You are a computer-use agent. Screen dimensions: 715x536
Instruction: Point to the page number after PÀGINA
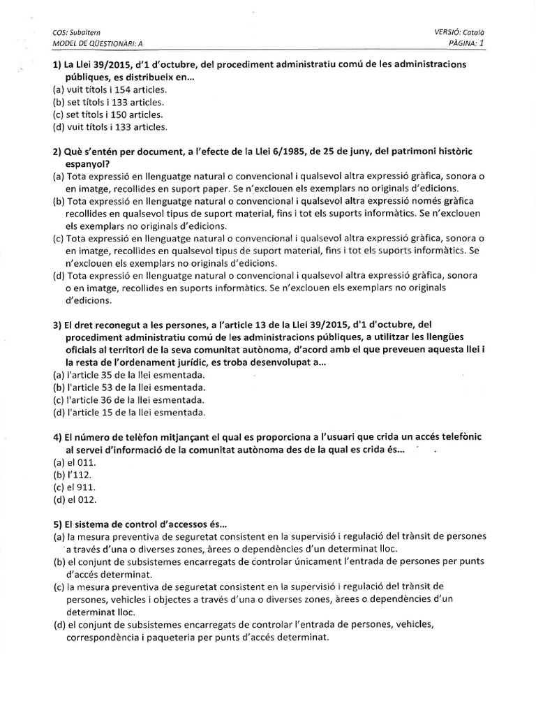pyautogui.click(x=480, y=43)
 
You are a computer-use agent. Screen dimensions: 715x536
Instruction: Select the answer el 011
pyautogui.click(x=82, y=462)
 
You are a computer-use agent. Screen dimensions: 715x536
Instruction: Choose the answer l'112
pyautogui.click(x=80, y=475)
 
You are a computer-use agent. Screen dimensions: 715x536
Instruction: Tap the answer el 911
pyautogui.click(x=82, y=487)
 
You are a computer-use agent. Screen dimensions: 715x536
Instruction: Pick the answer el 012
pyautogui.click(x=82, y=499)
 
